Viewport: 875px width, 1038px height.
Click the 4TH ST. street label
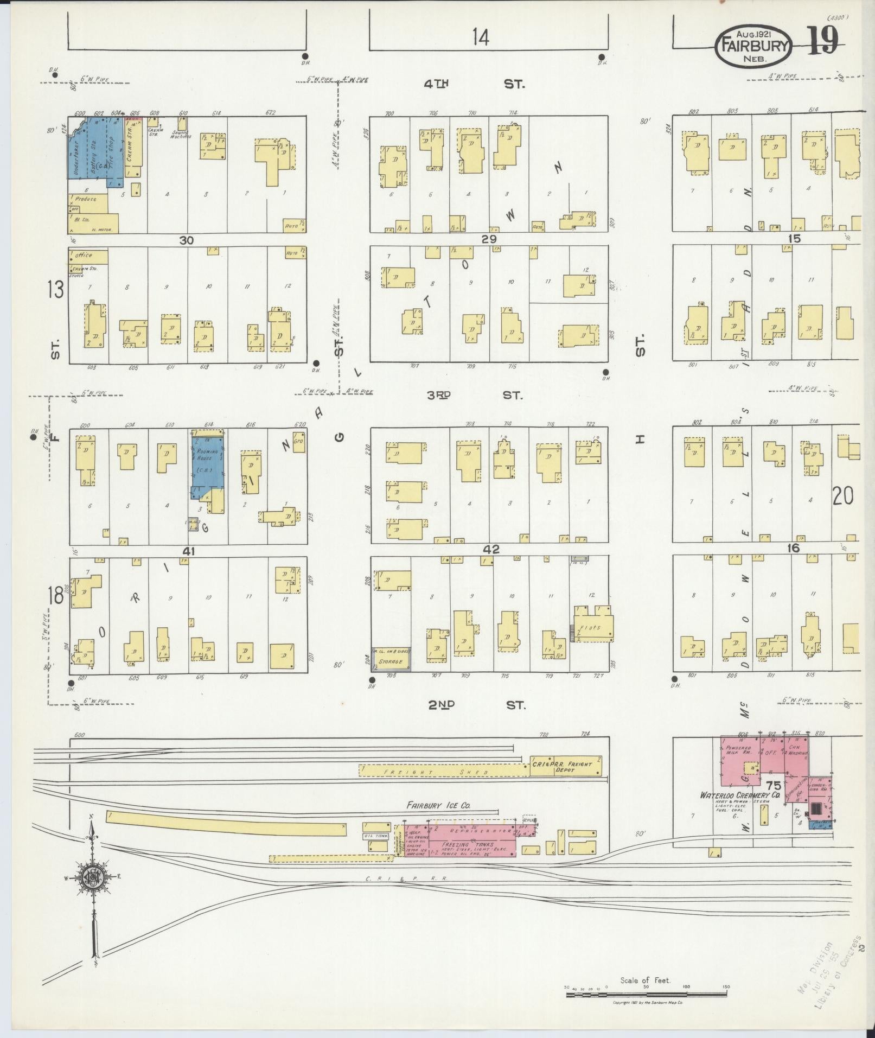(475, 84)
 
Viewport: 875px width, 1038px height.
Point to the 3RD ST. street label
(474, 395)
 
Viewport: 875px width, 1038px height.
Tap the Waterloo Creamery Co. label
(739, 795)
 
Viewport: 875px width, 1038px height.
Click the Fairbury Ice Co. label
(439, 806)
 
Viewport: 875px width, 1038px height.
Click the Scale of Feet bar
(646, 994)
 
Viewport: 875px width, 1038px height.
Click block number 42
(491, 549)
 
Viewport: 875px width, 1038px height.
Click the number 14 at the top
(480, 37)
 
